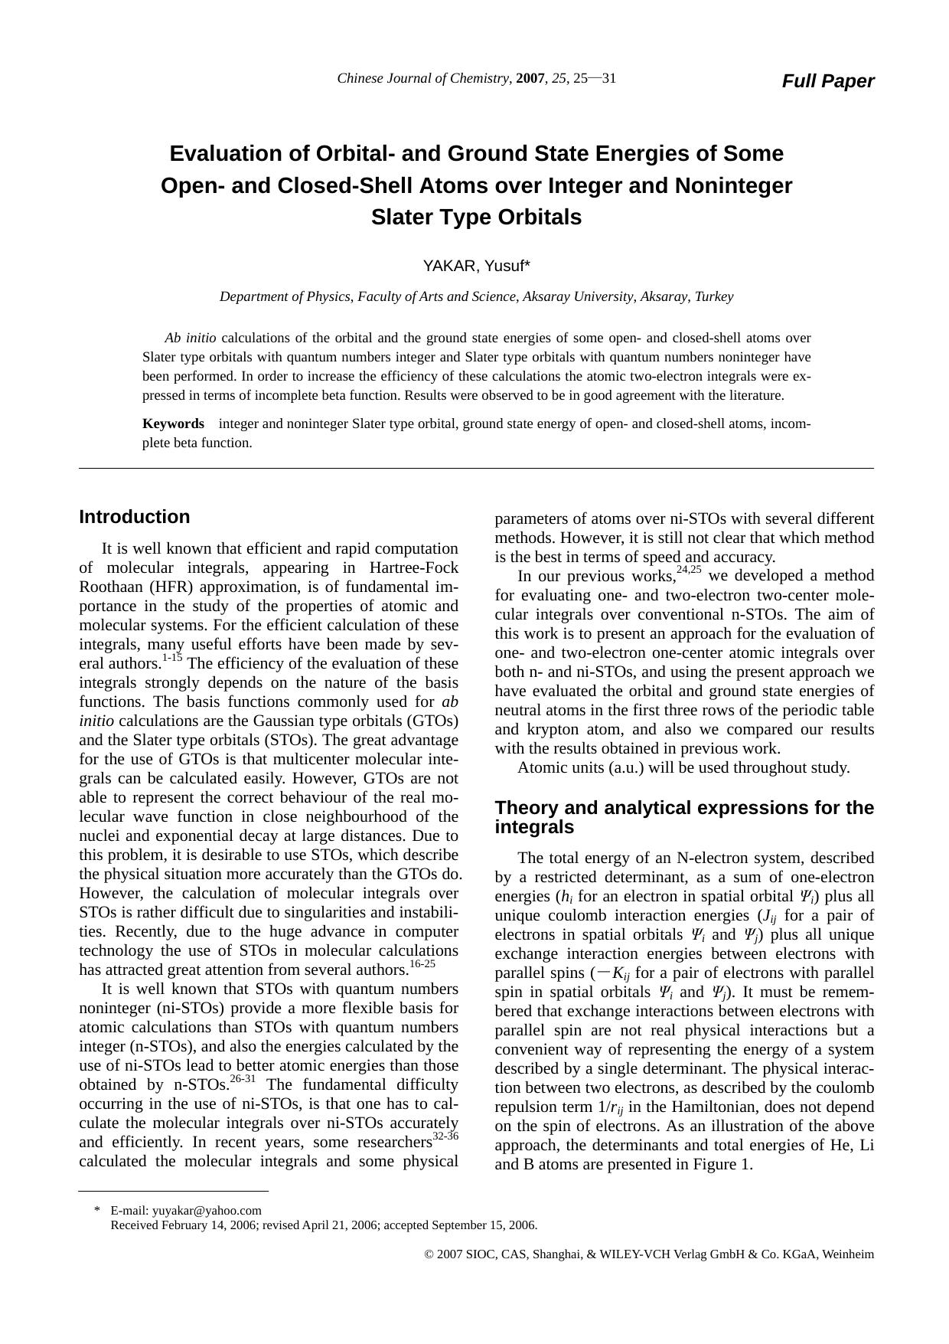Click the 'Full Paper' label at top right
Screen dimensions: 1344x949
[x=827, y=81]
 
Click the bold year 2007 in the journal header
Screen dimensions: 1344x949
[x=531, y=78]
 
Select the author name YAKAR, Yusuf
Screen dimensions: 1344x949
[x=476, y=266]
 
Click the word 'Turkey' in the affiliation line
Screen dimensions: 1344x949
[x=713, y=296]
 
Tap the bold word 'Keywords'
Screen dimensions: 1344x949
[x=173, y=423]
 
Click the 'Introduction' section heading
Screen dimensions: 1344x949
[x=135, y=517]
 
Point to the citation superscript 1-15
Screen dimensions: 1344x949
[x=172, y=658]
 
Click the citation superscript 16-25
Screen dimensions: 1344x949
[x=422, y=964]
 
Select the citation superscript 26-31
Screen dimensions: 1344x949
[x=243, y=1079]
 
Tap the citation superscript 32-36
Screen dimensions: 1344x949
[x=445, y=1136]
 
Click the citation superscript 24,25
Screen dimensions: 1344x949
[x=689, y=570]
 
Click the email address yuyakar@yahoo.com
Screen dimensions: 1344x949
[x=207, y=1211]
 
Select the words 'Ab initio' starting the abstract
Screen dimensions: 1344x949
[x=191, y=338]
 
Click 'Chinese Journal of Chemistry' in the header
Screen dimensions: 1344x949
[x=423, y=78]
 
